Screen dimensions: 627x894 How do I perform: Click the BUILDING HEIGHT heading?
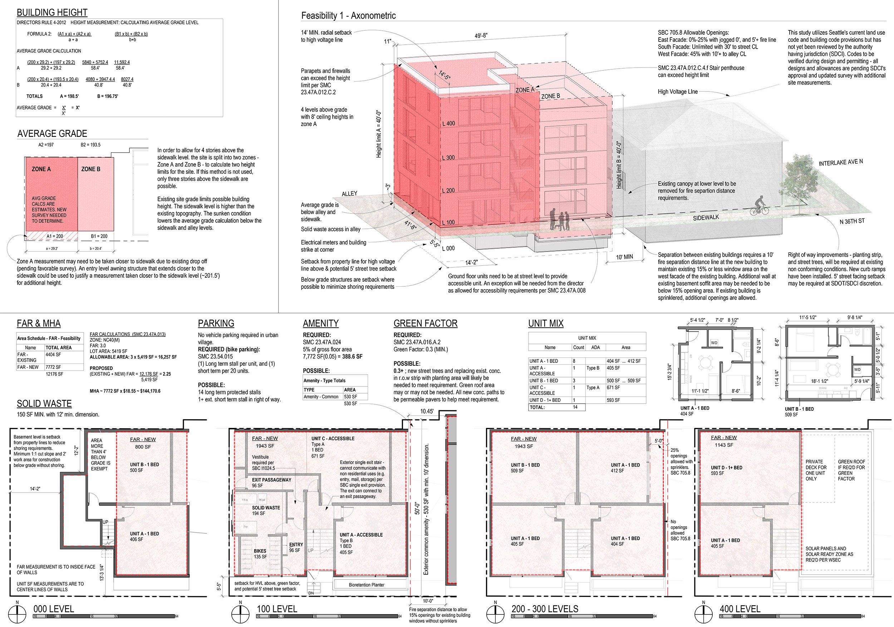click(52, 13)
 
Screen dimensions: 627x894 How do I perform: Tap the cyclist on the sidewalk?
click(759, 206)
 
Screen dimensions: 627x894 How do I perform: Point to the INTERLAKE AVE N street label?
click(841, 162)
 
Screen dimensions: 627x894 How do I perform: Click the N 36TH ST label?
click(852, 221)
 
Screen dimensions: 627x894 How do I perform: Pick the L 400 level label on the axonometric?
click(448, 123)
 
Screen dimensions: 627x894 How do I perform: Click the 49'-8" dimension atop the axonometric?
click(481, 36)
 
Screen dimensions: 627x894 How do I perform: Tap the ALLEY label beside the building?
click(349, 193)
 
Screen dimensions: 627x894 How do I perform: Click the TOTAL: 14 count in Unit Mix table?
click(575, 407)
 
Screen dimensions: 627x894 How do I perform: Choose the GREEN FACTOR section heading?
click(425, 324)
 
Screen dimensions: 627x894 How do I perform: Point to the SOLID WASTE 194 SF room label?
click(266, 510)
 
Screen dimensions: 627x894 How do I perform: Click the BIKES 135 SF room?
click(260, 553)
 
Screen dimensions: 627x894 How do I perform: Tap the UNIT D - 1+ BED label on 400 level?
click(727, 470)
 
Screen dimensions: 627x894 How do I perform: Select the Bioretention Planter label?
click(367, 584)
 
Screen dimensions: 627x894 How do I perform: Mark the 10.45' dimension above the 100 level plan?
click(427, 411)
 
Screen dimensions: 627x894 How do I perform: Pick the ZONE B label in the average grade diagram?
click(91, 169)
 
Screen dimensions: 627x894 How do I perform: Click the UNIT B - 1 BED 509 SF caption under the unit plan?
click(798, 412)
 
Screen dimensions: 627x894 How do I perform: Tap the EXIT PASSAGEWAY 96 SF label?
click(271, 483)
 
